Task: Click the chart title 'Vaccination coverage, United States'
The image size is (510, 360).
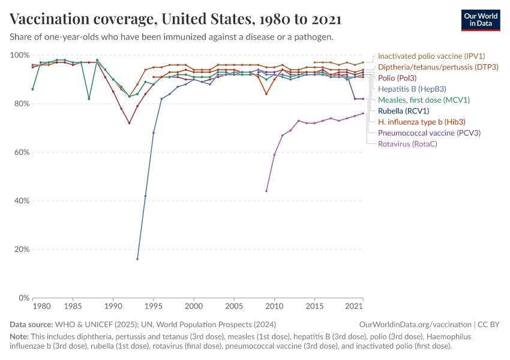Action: tap(176, 19)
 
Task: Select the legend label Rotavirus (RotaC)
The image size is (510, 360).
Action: tap(407, 143)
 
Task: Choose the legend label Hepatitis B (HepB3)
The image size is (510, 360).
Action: tap(411, 89)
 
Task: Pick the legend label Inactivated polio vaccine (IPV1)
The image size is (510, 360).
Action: tap(431, 56)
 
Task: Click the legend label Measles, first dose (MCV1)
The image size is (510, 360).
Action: tap(424, 100)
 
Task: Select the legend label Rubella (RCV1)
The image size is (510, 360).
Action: tap(403, 111)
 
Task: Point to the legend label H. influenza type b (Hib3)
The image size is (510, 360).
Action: tap(421, 122)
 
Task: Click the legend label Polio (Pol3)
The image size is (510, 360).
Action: tap(397, 78)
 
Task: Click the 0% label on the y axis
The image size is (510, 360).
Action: tap(22, 298)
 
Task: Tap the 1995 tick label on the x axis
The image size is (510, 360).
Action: tap(154, 307)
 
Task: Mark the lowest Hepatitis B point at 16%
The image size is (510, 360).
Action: tap(137, 259)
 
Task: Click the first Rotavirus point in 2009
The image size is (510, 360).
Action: tap(266, 191)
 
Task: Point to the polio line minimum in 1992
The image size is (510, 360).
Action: tap(129, 123)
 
